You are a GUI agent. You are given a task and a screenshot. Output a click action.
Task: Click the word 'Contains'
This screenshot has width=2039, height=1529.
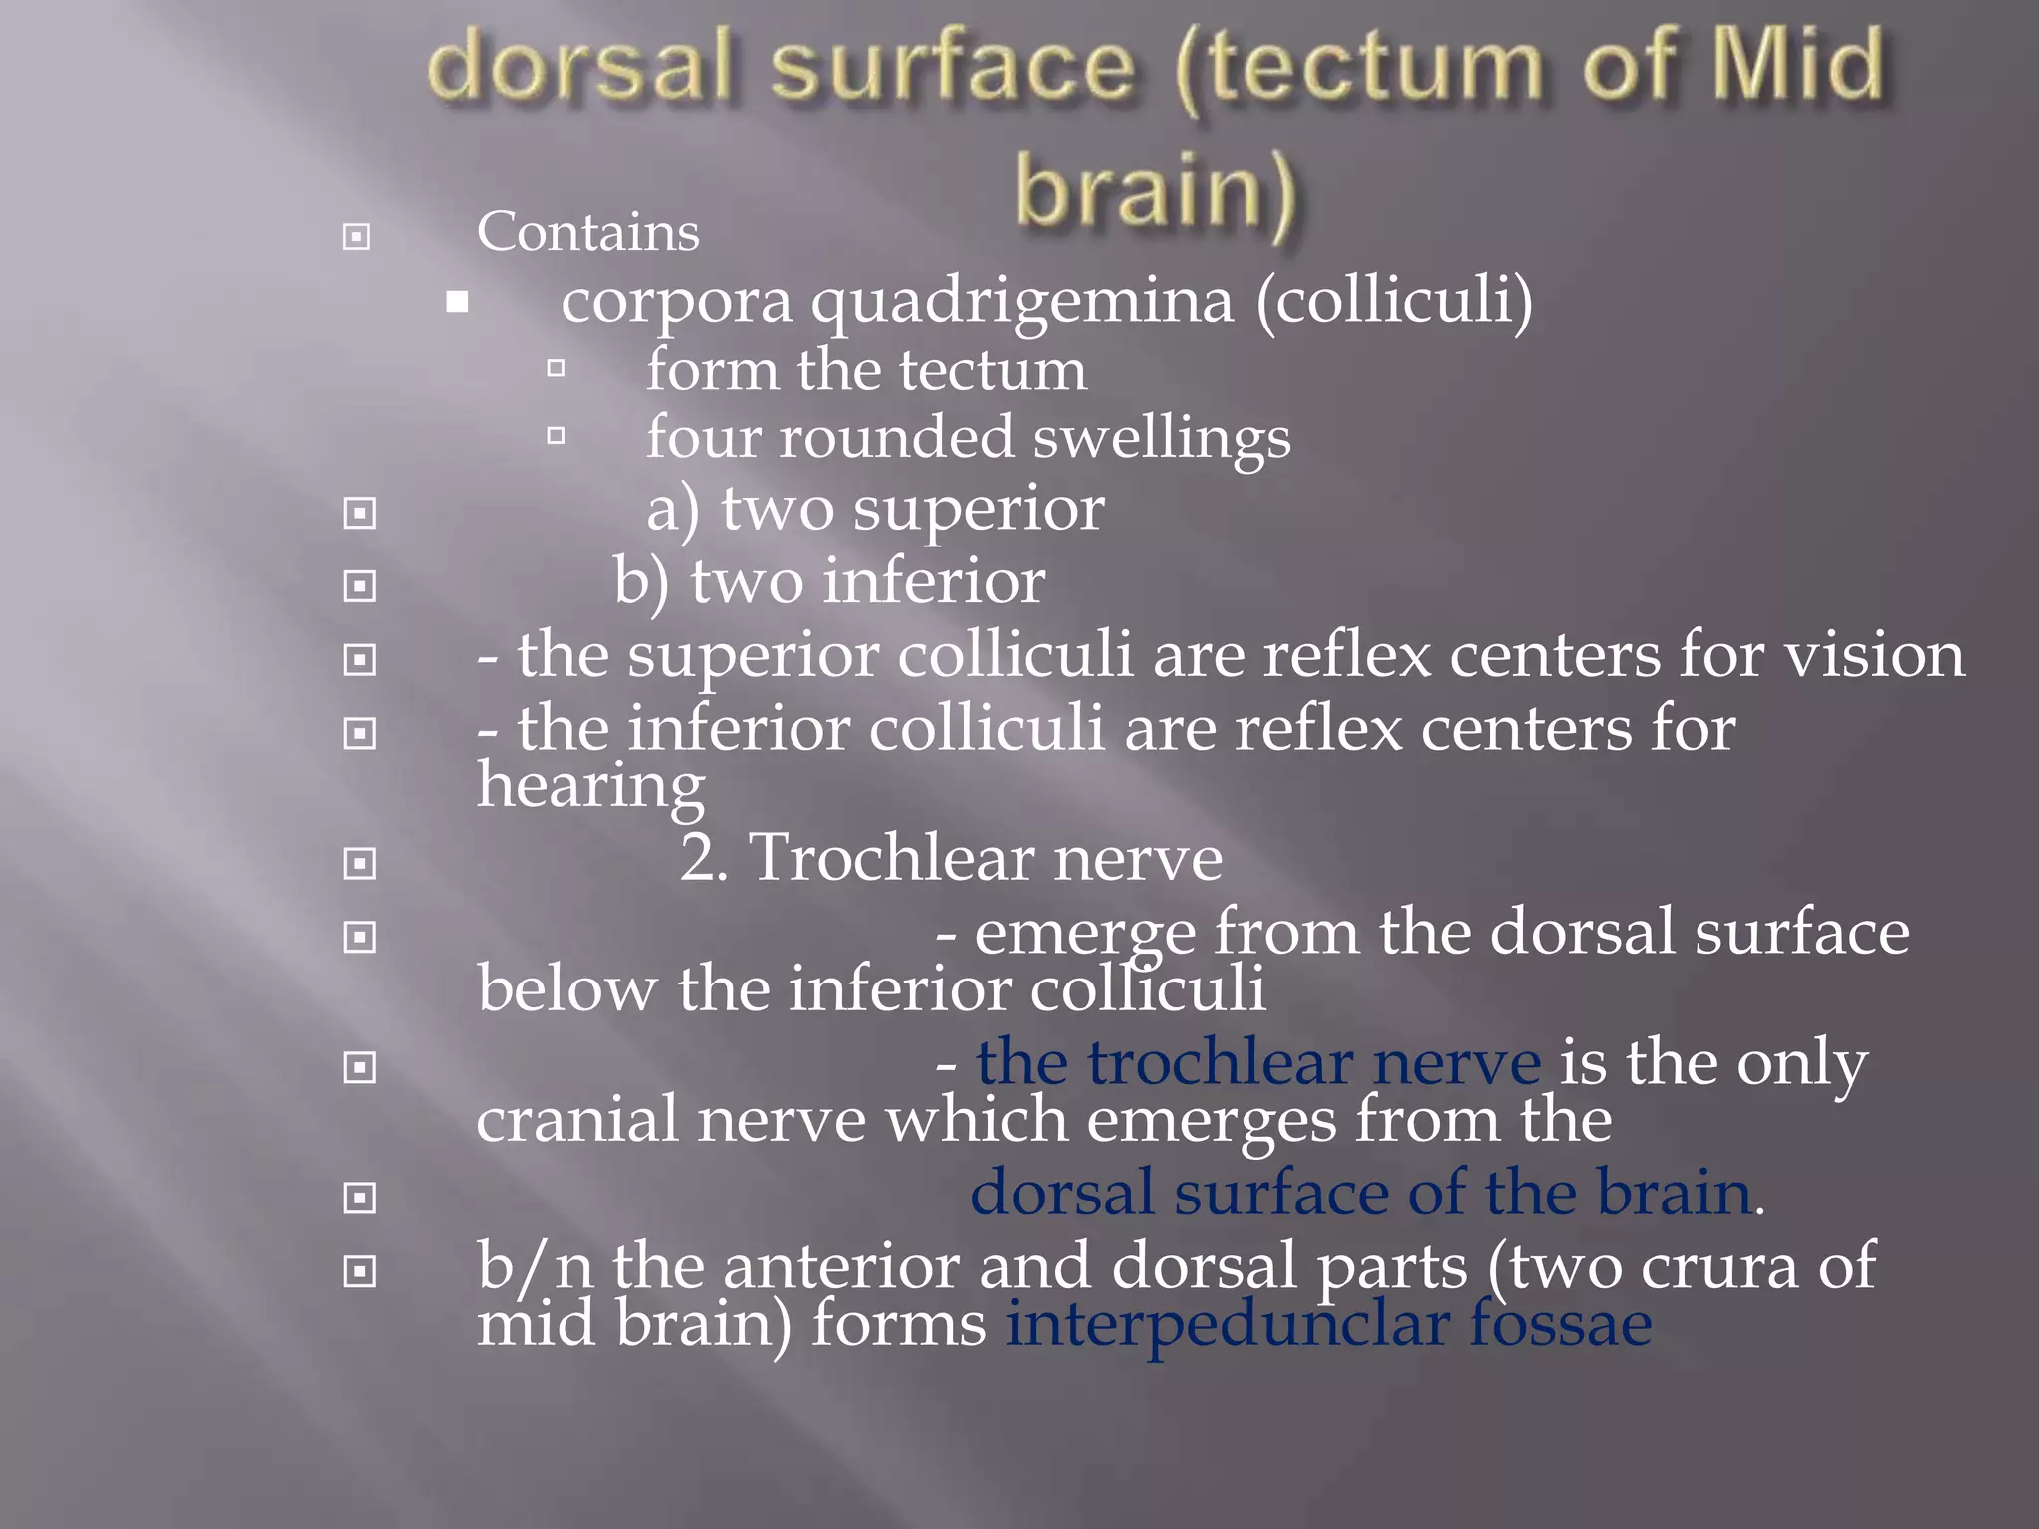point(587,233)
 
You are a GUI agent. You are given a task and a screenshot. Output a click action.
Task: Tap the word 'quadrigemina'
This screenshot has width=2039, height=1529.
point(1021,301)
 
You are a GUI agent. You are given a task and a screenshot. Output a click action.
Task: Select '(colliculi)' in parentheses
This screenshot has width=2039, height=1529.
point(1395,301)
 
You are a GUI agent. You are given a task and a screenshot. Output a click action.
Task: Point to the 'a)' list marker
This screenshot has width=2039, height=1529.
point(673,510)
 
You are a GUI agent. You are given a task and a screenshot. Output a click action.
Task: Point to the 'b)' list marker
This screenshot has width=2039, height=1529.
point(641,582)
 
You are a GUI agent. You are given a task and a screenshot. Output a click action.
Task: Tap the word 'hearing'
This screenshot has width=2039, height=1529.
point(590,786)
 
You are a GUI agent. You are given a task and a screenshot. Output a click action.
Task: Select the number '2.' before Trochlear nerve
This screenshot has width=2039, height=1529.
point(704,858)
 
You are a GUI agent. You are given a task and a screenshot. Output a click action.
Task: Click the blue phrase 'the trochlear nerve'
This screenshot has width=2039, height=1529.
point(1258,1063)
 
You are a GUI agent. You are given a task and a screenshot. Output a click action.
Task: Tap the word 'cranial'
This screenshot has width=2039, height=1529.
point(576,1120)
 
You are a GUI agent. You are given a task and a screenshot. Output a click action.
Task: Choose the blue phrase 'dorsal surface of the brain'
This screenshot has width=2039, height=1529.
point(1360,1194)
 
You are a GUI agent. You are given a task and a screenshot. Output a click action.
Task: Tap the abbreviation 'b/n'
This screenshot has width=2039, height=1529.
point(535,1267)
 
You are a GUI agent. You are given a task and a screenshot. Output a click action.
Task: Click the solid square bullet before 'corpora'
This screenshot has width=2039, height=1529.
point(458,302)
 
